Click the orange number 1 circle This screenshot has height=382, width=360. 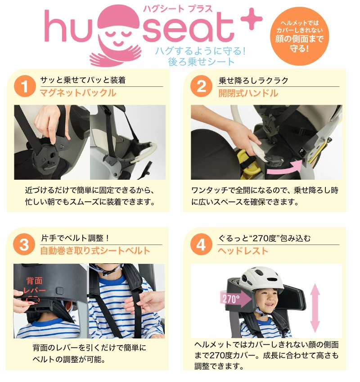click(25, 86)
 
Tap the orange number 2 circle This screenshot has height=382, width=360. click(202, 86)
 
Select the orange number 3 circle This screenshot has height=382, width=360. click(24, 244)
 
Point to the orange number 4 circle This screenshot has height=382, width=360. click(201, 244)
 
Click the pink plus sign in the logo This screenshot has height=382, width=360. click(252, 19)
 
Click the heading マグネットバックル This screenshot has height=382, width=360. click(78, 93)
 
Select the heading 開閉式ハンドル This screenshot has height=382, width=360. click(248, 93)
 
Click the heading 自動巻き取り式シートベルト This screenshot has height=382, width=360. click(95, 251)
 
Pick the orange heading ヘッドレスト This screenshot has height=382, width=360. click(243, 251)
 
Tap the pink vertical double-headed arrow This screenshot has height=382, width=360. click(315, 308)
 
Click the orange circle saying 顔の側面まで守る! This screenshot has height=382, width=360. click(299, 36)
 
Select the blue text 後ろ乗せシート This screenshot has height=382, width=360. click(201, 62)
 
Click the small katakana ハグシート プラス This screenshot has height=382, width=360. click(178, 9)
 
